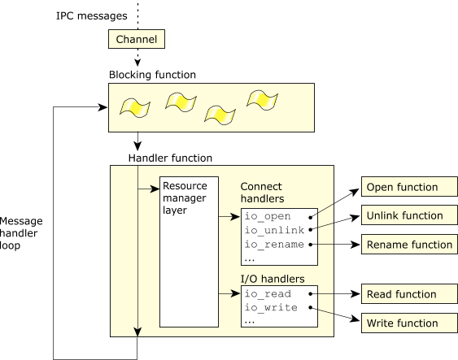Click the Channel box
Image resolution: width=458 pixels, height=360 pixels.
137,39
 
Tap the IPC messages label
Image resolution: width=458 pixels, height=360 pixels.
91,15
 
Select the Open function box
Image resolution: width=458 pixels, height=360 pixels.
409,186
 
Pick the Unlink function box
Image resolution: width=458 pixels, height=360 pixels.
409,215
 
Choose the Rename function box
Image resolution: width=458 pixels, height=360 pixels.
409,244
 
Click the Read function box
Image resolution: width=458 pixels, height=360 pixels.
409,294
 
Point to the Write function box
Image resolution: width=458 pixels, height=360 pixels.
409,323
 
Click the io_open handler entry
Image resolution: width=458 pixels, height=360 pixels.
268,216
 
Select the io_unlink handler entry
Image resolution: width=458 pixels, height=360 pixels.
275,230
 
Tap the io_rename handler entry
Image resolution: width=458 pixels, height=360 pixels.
274,244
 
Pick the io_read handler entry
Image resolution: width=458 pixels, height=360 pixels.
268,294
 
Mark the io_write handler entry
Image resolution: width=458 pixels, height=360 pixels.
271,307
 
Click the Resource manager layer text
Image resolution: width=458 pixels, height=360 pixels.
185,198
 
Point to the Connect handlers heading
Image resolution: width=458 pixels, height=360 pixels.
262,193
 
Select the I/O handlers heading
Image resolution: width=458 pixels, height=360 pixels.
273,279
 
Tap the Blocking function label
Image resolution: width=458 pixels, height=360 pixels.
152,75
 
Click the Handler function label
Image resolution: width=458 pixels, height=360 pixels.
170,158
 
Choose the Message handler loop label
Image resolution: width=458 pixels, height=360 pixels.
21,233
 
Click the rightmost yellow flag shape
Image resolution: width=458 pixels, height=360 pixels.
262,101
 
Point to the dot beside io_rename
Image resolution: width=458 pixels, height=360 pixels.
311,245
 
